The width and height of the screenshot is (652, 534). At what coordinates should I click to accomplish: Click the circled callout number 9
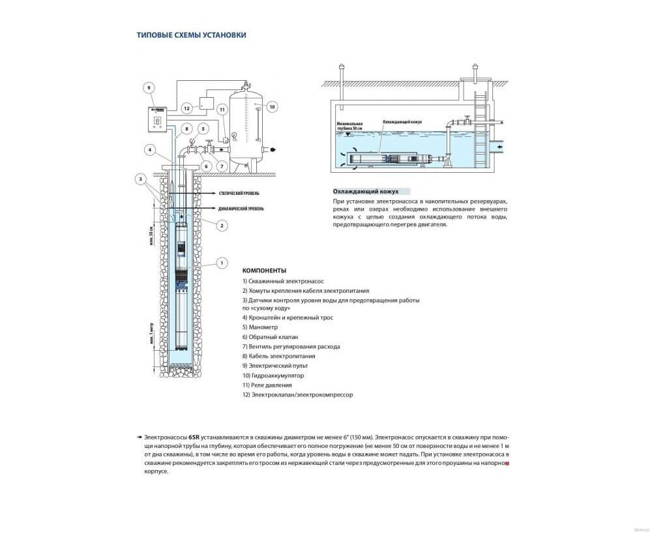(x=148, y=87)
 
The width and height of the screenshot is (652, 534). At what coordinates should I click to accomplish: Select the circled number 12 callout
(x=186, y=108)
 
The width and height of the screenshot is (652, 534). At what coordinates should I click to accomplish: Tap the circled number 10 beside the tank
(x=272, y=106)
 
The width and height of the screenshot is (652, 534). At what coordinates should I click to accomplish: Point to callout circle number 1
(x=222, y=263)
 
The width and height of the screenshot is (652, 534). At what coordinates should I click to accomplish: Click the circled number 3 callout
(x=140, y=179)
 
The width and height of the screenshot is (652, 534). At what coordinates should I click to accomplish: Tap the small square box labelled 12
(x=207, y=102)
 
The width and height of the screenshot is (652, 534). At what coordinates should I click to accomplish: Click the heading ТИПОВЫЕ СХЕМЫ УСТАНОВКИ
(x=191, y=35)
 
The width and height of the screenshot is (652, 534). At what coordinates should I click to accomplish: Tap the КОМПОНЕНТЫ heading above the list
(x=264, y=270)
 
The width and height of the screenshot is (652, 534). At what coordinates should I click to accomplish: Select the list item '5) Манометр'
(x=260, y=327)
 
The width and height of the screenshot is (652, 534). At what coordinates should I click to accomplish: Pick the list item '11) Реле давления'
(x=268, y=385)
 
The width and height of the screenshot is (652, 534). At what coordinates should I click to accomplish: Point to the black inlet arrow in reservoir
(x=499, y=147)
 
